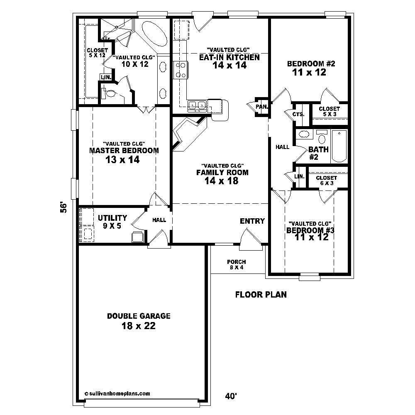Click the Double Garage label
[139, 321]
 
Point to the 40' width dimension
[231, 396]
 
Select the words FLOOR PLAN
[261, 295]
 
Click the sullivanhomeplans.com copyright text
[117, 393]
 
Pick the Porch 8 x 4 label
[236, 264]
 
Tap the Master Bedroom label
[124, 155]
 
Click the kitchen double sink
[197, 106]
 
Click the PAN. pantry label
[261, 107]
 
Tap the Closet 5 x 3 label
[329, 111]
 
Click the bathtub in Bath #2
[339, 146]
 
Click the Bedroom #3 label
[311, 234]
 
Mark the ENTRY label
[252, 221]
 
